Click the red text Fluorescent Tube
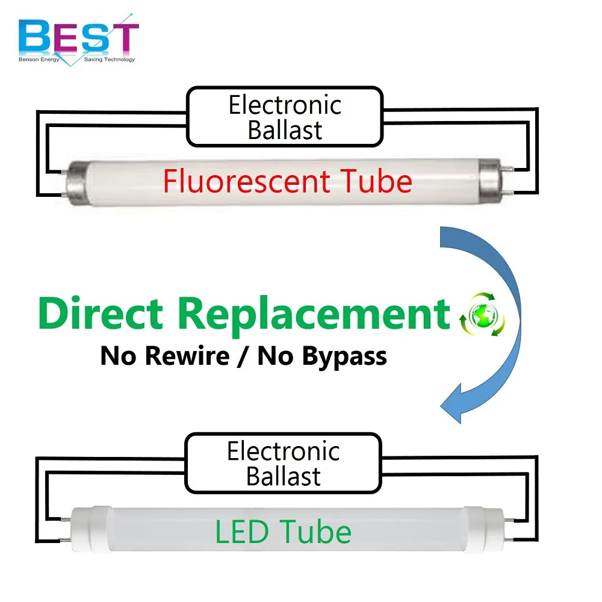pyautogui.click(x=287, y=181)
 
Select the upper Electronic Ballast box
pyautogui.click(x=285, y=117)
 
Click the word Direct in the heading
pyautogui.click(x=101, y=313)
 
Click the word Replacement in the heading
pyautogui.click(x=314, y=313)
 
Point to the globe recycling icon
pyautogui.click(x=482, y=314)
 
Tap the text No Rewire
pyautogui.click(x=165, y=356)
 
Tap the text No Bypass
pyautogui.click(x=322, y=356)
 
